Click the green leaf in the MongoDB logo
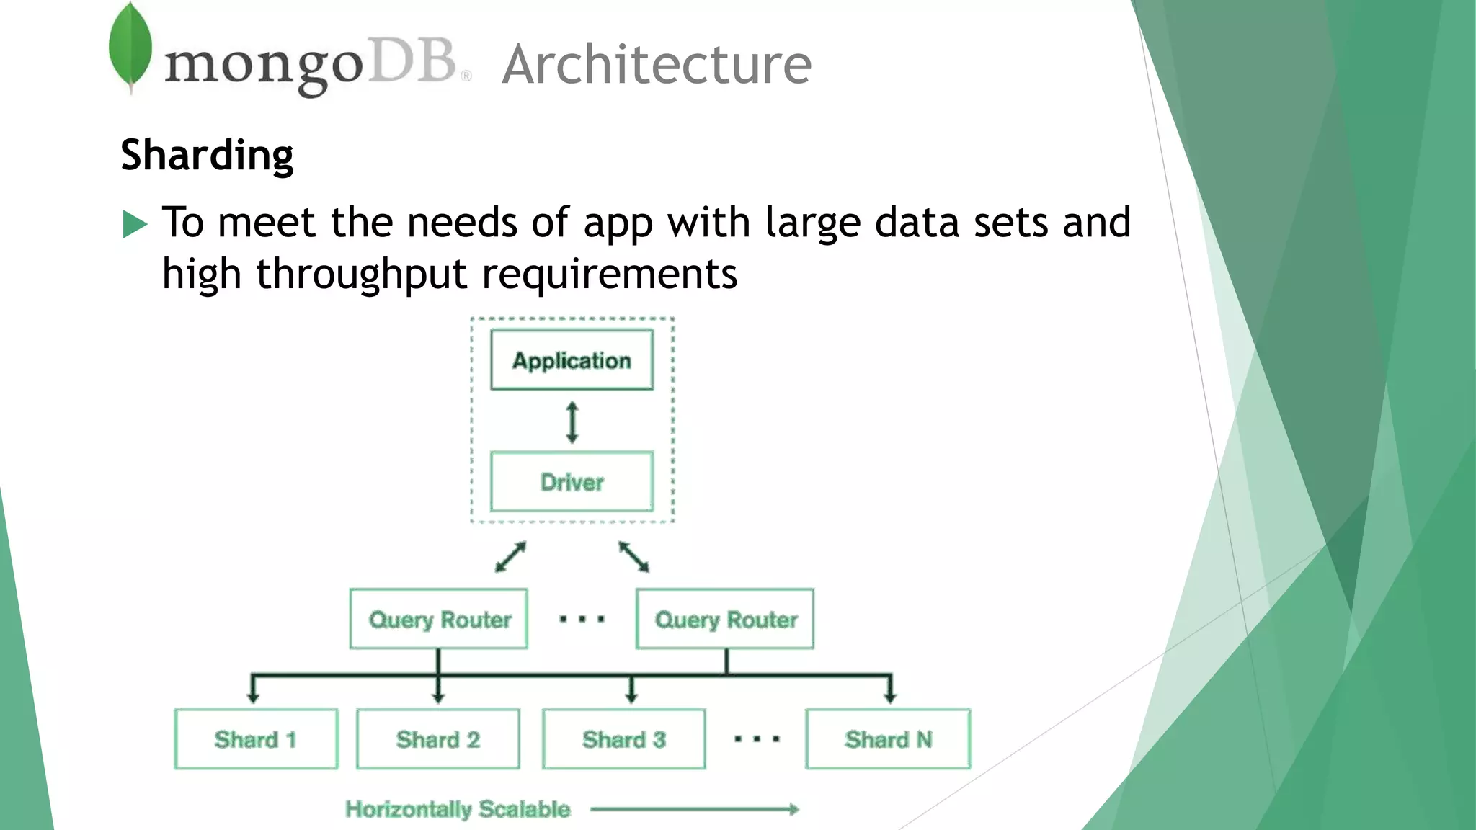pyautogui.click(x=130, y=45)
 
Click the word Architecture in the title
pyautogui.click(x=657, y=65)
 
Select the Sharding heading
pyautogui.click(x=207, y=155)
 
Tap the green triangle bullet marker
pyautogui.click(x=134, y=224)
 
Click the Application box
pyautogui.click(x=572, y=360)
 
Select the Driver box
pyautogui.click(x=572, y=482)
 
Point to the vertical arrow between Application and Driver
pyautogui.click(x=572, y=422)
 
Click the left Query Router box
pyautogui.click(x=439, y=619)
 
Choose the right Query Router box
pyautogui.click(x=725, y=619)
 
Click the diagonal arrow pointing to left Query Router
pyautogui.click(x=510, y=557)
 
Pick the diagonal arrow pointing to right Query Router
pyautogui.click(x=634, y=557)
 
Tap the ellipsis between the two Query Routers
pyautogui.click(x=582, y=619)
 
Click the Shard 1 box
pyautogui.click(x=256, y=739)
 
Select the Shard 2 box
pyautogui.click(x=438, y=739)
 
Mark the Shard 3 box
pyautogui.click(x=624, y=739)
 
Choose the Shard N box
pyautogui.click(x=889, y=739)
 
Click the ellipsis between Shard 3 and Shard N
pyautogui.click(x=757, y=739)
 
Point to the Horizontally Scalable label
pyautogui.click(x=458, y=809)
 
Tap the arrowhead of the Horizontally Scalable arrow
pyautogui.click(x=794, y=809)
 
